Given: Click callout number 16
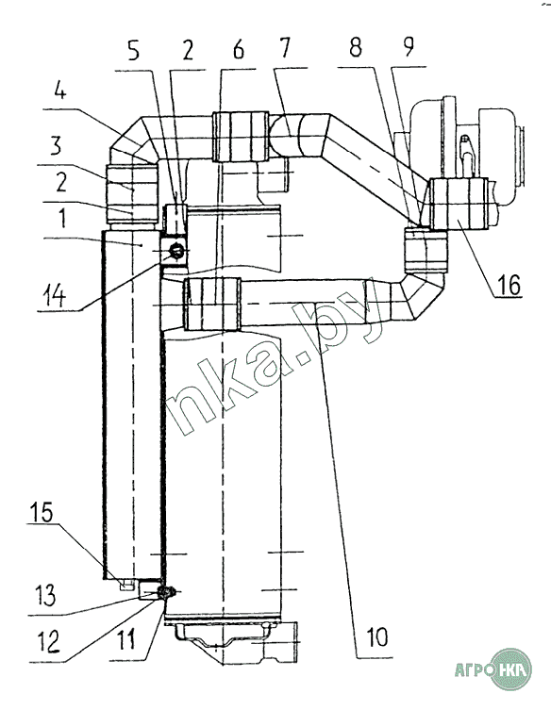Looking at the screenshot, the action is click(x=509, y=285).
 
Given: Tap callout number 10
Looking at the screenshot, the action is click(x=377, y=637).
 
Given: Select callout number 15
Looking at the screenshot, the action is click(x=42, y=512).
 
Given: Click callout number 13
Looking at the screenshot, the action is click(x=44, y=595).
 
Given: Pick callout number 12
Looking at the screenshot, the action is click(x=48, y=641).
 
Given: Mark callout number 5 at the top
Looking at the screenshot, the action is click(x=133, y=52).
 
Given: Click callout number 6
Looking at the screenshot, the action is click(x=239, y=50).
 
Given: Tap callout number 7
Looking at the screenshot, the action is click(x=284, y=48).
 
